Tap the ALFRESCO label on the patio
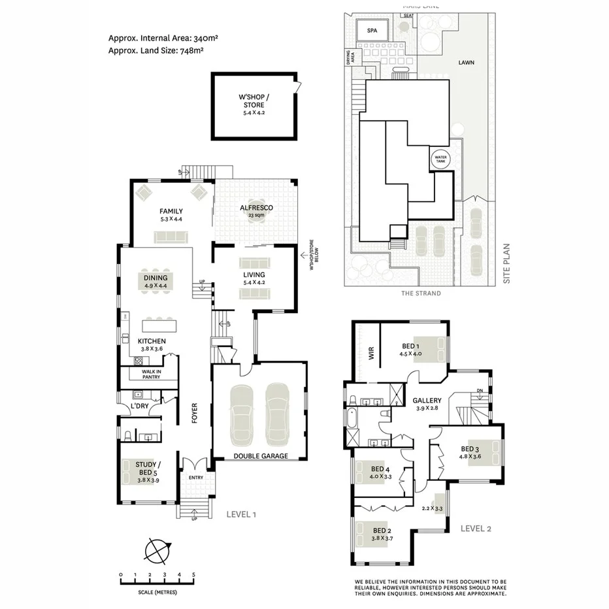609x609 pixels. point(256,208)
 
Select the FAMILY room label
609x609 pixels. point(171,211)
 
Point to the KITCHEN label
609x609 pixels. point(152,341)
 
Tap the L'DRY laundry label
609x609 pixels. point(139,406)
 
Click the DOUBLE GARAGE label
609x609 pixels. point(261,456)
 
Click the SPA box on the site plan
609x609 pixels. point(372,31)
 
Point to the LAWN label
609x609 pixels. point(466,63)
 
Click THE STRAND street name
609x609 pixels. point(421,293)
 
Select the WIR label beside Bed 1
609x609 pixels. point(370,355)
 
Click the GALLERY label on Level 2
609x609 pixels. point(427,401)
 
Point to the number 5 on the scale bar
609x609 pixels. point(193,575)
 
